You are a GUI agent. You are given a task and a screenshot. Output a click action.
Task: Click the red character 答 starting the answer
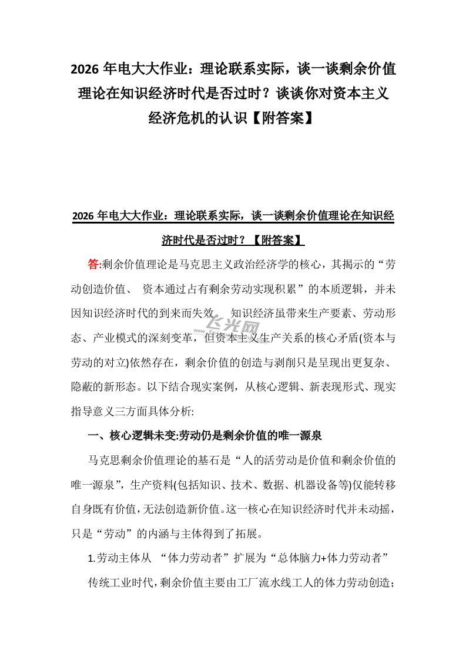[x=93, y=264]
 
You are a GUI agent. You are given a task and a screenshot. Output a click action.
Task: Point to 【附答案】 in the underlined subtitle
[x=277, y=240]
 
